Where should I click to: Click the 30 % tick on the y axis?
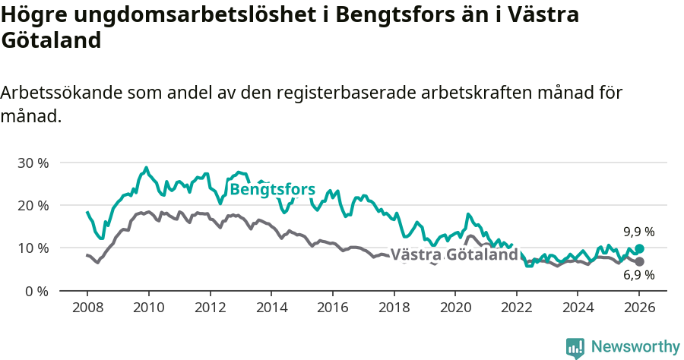point(33,163)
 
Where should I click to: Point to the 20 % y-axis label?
point(33,205)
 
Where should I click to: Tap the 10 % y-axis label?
point(33,248)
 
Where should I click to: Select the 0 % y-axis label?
point(37,291)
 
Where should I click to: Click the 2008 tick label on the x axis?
point(87,308)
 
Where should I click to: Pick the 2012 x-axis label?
point(210,308)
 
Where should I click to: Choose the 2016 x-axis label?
point(332,308)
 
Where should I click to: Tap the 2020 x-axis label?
point(454,308)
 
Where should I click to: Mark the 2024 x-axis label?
point(578,308)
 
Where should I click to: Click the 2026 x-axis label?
point(638,308)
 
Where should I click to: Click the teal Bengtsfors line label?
point(272,189)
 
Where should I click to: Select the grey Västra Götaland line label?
point(454,255)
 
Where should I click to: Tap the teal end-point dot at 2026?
point(639,248)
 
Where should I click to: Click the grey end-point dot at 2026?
point(639,261)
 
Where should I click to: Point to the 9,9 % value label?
point(639,232)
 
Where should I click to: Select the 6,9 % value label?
point(639,275)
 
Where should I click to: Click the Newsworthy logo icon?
point(575,347)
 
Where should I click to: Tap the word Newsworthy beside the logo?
point(635,347)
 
